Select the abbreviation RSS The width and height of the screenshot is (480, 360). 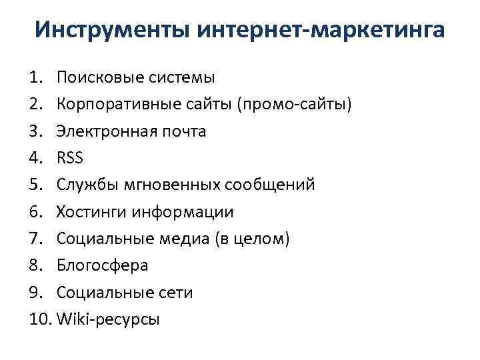click(x=70, y=158)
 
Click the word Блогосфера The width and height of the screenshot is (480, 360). click(x=102, y=265)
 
